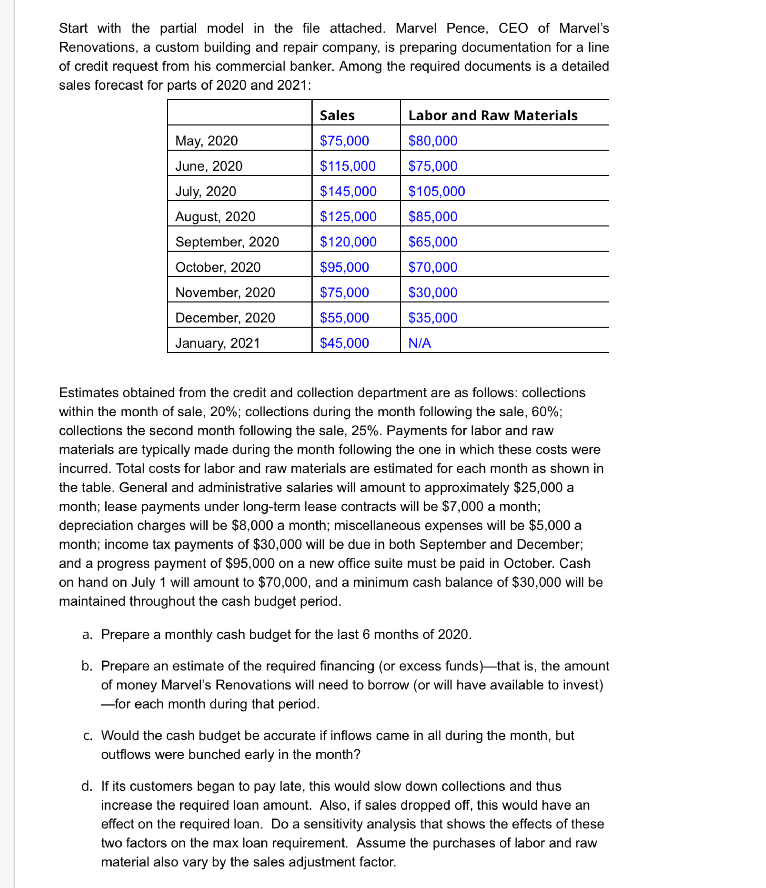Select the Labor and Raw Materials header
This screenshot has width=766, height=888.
492,115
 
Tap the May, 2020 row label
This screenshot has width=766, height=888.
206,141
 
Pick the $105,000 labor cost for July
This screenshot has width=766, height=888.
436,191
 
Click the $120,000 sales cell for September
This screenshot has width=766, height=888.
348,242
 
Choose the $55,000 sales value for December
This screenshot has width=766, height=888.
344,318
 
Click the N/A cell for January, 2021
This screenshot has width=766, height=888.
420,343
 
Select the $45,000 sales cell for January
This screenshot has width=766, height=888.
344,343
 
